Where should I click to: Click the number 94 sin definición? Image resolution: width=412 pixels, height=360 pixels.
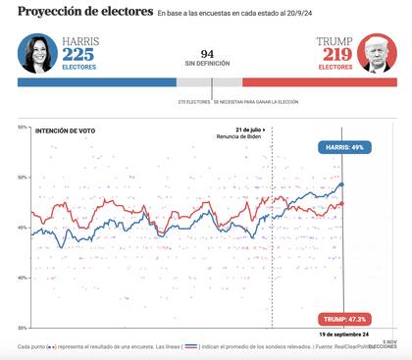pos(207,54)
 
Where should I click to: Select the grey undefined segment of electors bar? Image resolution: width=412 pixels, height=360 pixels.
pos(209,82)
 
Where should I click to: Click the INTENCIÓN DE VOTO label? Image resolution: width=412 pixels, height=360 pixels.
pos(65,129)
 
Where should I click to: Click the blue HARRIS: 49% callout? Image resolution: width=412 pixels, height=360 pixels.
pos(342,147)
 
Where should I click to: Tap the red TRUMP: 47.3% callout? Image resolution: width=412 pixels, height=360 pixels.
pos(342,319)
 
